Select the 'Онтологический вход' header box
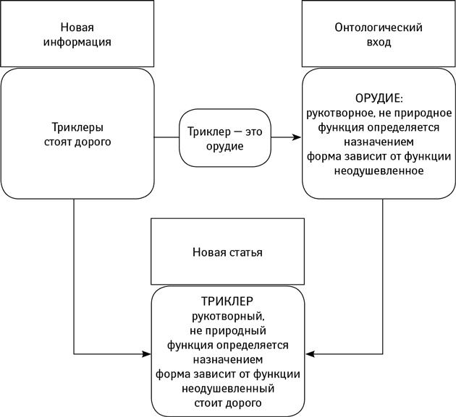coord(379,35)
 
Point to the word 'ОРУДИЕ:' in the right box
coord(379,98)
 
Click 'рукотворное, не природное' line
coord(379,113)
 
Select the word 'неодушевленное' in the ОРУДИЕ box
coord(379,172)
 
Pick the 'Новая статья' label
coord(227,252)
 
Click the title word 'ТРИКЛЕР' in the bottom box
coord(227,301)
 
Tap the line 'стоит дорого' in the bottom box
coord(227,402)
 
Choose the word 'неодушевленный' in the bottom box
coord(227,388)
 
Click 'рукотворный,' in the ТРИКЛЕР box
coord(227,316)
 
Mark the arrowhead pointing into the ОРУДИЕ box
coord(297,137)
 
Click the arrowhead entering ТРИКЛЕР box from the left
coord(146,354)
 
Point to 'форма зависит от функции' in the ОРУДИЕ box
coord(379,157)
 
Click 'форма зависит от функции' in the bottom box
coord(227,374)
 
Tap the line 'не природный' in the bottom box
coord(227,330)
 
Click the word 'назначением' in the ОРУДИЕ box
coord(379,142)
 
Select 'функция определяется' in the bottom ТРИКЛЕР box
coord(227,345)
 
